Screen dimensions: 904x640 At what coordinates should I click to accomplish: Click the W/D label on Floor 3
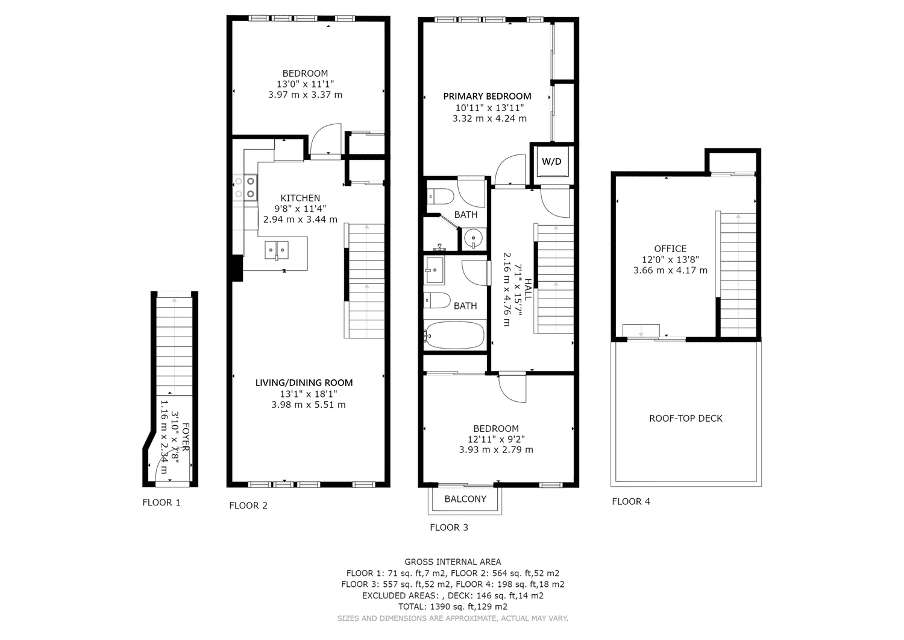tap(551, 162)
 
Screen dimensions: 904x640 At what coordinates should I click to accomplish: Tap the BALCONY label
tap(465, 499)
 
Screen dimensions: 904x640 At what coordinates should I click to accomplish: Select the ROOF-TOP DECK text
tap(686, 418)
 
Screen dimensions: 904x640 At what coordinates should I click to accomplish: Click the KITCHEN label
tap(300, 198)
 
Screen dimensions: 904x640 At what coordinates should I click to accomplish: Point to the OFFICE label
tap(670, 249)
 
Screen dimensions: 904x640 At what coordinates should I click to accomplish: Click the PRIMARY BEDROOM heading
tap(487, 96)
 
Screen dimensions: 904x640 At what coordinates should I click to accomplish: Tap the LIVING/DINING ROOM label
tap(304, 382)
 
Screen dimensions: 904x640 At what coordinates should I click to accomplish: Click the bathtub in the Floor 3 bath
tap(455, 335)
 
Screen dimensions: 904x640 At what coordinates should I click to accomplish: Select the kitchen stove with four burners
tap(245, 188)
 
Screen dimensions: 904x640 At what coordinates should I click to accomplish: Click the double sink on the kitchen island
tap(277, 250)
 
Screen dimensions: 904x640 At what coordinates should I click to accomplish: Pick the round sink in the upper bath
tap(472, 238)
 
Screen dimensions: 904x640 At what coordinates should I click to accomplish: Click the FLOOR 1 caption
tap(162, 502)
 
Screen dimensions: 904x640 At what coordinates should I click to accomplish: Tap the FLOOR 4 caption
tap(631, 501)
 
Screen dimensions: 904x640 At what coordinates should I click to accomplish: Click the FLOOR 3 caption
tap(449, 527)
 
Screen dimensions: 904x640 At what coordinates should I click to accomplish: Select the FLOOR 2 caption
tap(248, 505)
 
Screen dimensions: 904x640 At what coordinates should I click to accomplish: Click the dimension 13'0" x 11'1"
tap(305, 84)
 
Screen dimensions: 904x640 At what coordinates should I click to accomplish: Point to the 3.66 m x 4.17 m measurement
tap(670, 270)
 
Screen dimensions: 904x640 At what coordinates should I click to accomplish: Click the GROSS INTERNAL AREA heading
tap(453, 562)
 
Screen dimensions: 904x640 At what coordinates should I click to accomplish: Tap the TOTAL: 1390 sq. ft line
tap(453, 606)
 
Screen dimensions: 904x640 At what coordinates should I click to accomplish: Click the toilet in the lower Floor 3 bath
tap(437, 300)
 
